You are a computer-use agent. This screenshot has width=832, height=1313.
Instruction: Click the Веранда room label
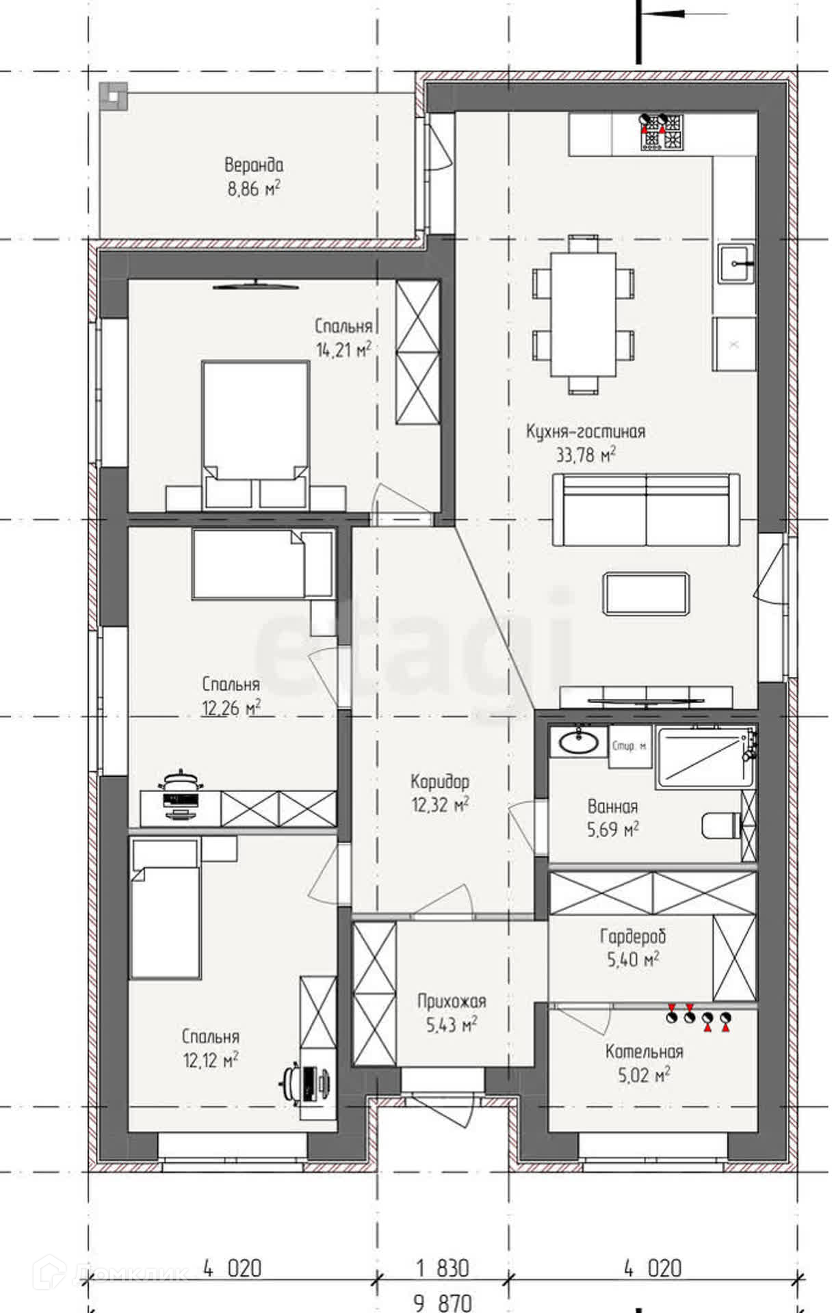(254, 165)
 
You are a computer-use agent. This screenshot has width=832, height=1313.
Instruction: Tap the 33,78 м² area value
(586, 455)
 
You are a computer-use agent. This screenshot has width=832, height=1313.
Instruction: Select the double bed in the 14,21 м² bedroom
(255, 434)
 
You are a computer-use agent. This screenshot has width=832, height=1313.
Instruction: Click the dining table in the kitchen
(584, 314)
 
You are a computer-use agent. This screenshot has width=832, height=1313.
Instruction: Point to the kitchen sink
(736, 263)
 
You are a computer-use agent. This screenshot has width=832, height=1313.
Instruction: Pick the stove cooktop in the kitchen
(662, 132)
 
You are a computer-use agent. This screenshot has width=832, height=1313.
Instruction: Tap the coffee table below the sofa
(646, 594)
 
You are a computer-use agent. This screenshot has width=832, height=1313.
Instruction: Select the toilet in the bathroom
(723, 825)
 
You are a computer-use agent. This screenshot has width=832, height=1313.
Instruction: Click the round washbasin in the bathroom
(578, 741)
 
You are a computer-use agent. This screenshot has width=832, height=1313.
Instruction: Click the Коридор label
(440, 781)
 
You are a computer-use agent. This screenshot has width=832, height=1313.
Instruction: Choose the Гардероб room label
(633, 936)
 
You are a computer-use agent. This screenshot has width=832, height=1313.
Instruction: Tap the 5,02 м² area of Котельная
(644, 1075)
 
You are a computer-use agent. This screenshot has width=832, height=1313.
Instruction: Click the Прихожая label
(452, 1001)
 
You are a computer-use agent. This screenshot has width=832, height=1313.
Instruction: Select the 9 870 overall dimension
(443, 1303)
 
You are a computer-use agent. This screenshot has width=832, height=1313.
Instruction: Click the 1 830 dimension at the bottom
(443, 1269)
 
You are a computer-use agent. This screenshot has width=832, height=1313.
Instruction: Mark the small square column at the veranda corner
(112, 97)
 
